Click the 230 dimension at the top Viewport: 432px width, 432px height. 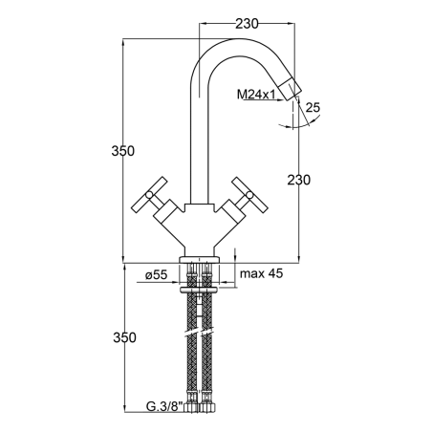pyautogui.click(x=247, y=24)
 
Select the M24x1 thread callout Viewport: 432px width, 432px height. pyautogui.click(x=256, y=95)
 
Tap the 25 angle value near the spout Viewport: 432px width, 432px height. pyautogui.click(x=313, y=107)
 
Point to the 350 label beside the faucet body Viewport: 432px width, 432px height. pyautogui.click(x=123, y=151)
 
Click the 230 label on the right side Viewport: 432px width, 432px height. pyautogui.click(x=299, y=180)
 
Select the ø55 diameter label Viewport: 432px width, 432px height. pyautogui.click(x=156, y=274)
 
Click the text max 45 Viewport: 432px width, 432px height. pyautogui.click(x=261, y=273)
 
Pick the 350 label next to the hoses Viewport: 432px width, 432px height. pyautogui.click(x=124, y=337)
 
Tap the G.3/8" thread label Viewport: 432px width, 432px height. pyautogui.click(x=164, y=406)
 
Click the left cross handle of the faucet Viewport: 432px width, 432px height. pyautogui.click(x=149, y=195)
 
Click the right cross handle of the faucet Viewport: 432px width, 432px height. pyautogui.click(x=249, y=195)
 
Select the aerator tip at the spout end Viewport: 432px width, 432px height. pyautogui.click(x=290, y=90)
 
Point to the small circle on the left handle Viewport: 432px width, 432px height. pyautogui.click(x=149, y=195)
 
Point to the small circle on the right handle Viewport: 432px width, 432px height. pyautogui.click(x=249, y=195)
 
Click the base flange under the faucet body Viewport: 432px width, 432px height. pyautogui.click(x=200, y=259)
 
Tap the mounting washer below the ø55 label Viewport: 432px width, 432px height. pyautogui.click(x=199, y=290)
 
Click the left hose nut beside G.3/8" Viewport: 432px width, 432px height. pyautogui.click(x=192, y=408)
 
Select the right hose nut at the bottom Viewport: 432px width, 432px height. pyautogui.click(x=207, y=408)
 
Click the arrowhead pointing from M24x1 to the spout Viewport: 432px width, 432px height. pyautogui.click(x=280, y=100)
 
